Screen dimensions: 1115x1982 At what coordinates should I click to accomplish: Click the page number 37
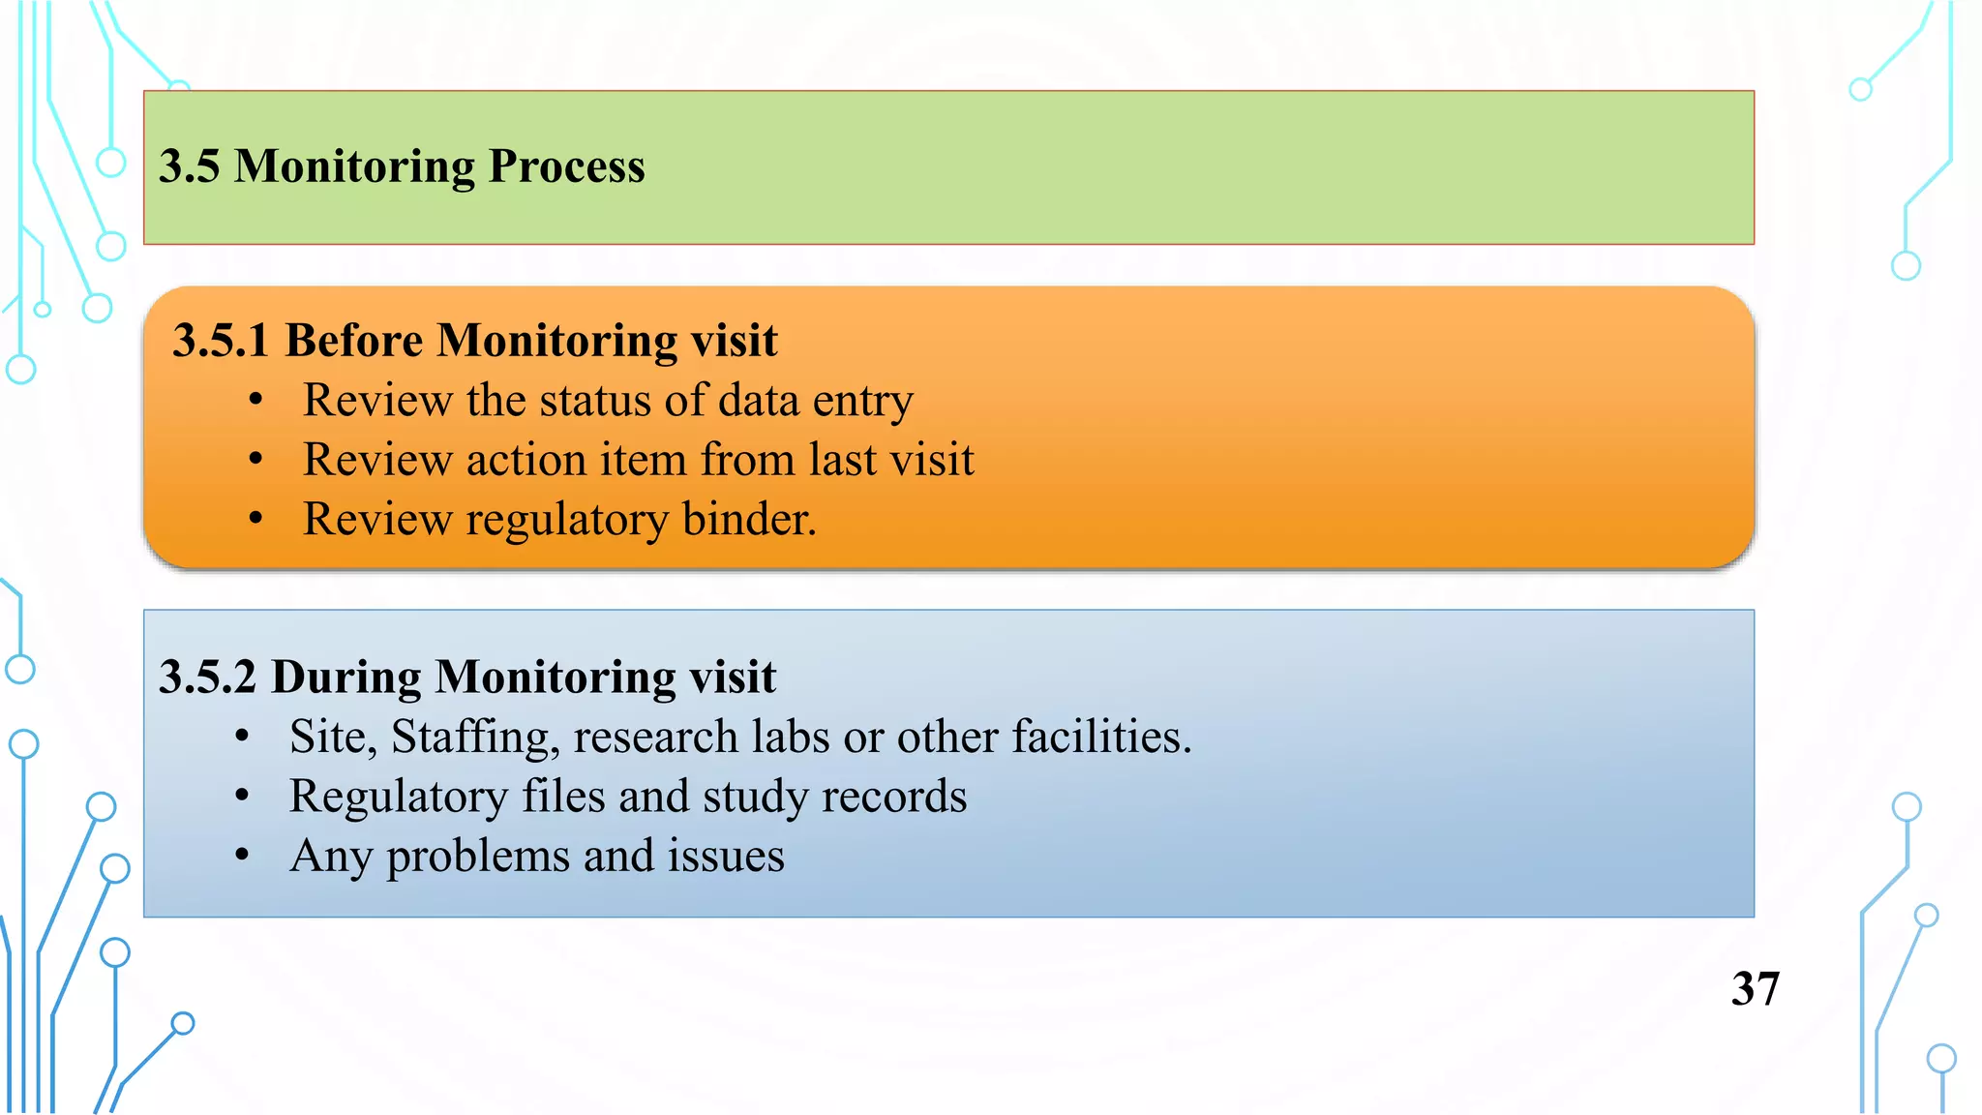[x=1755, y=989]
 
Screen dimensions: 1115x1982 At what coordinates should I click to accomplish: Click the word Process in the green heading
[x=566, y=166]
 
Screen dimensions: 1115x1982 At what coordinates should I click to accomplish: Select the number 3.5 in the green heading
[x=189, y=166]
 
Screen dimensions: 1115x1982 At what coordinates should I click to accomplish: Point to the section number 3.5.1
[x=220, y=341]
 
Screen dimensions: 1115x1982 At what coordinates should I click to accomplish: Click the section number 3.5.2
[x=207, y=677]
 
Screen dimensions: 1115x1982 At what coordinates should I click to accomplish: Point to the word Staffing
[x=474, y=738]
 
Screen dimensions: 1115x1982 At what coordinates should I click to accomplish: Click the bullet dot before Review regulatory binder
[x=255, y=520]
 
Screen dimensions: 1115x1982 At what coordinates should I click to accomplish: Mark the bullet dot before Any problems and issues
[x=242, y=856]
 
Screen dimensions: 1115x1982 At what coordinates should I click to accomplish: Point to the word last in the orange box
[x=843, y=460]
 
